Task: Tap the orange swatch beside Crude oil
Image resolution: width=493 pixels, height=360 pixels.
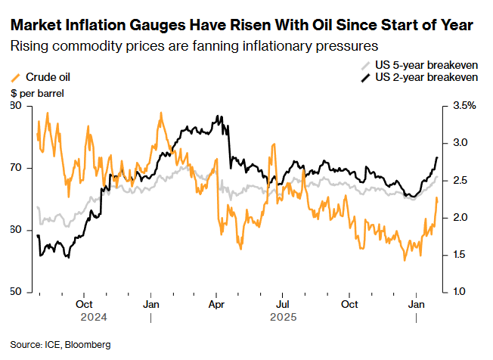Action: pos(16,77)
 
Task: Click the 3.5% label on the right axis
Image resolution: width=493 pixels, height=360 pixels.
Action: pos(464,106)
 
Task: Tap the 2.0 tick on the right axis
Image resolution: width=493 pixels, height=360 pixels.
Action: pos(460,218)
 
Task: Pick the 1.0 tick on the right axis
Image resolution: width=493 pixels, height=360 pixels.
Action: pos(460,292)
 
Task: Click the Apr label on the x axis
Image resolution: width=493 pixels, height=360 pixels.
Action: pos(216,304)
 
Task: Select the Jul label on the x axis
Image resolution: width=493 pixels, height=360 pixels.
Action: pos(282,304)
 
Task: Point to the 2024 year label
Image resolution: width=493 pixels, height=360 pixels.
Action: pos(93,317)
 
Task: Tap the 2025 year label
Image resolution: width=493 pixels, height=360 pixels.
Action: pos(283,317)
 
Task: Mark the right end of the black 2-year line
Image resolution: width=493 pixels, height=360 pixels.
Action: pos(438,157)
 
